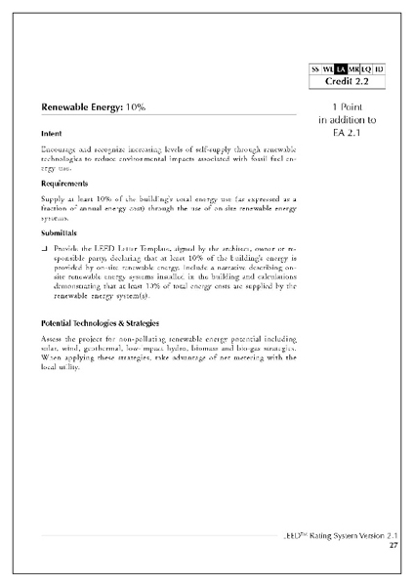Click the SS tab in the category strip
tap(315, 69)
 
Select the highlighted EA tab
tap(340, 69)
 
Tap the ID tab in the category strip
tap(379, 69)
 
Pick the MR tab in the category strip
tap(352, 69)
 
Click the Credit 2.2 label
tap(348, 82)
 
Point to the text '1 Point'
tap(348, 105)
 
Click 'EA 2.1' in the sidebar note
tap(348, 132)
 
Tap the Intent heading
tap(53, 132)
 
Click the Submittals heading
tap(62, 234)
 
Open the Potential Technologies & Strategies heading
tap(102, 321)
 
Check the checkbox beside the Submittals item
tap(46, 250)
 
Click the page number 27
tap(393, 546)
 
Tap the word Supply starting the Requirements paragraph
tap(55, 199)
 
